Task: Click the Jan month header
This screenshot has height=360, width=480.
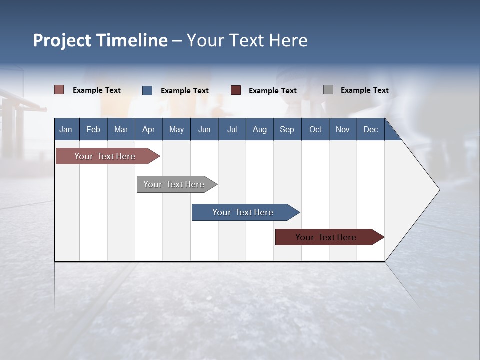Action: point(66,129)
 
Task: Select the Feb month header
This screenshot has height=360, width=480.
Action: point(93,129)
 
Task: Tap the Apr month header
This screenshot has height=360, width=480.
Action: point(149,129)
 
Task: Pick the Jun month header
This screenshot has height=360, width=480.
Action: point(204,129)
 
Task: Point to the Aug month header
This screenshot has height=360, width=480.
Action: point(260,129)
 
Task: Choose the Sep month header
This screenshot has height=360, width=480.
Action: point(287,129)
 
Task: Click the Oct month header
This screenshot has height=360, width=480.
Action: point(315,129)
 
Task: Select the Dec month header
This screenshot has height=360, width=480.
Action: point(371,129)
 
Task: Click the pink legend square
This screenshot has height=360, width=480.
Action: point(59,90)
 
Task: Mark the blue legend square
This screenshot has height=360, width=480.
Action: point(147,90)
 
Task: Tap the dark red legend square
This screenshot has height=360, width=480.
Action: point(236,90)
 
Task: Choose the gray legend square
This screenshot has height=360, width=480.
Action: point(328,90)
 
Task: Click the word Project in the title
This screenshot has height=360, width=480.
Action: point(63,40)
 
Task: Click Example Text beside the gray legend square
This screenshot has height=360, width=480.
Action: point(364,90)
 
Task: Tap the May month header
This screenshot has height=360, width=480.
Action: point(176,129)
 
